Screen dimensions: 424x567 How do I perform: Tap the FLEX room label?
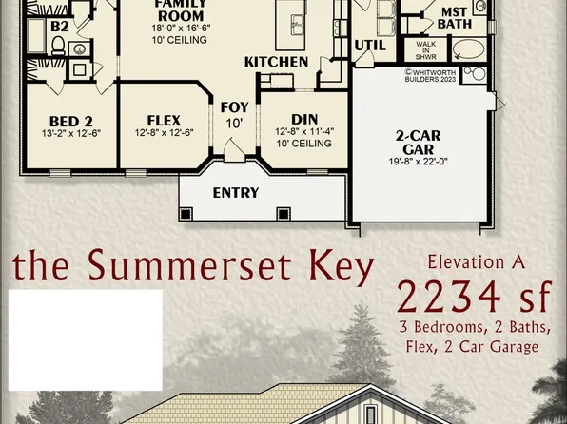pyautogui.click(x=157, y=121)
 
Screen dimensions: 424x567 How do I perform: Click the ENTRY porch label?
pyautogui.click(x=235, y=193)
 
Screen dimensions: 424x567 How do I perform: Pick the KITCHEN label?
pyautogui.click(x=276, y=62)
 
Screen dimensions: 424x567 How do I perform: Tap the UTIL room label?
pyautogui.click(x=370, y=45)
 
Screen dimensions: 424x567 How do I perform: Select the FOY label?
pyautogui.click(x=234, y=107)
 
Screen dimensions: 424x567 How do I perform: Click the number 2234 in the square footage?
pyautogui.click(x=446, y=297)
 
